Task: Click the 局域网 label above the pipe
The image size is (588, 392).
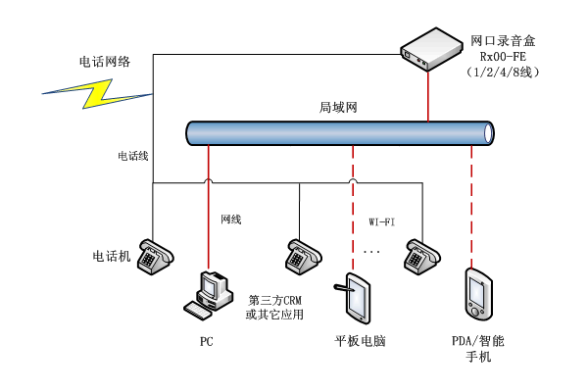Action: [x=336, y=107]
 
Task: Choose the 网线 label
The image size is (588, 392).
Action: [x=230, y=219]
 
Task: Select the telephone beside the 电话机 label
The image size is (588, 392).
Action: [x=154, y=255]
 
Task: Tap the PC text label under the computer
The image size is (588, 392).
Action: [x=206, y=342]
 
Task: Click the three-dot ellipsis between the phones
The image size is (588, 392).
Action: [x=372, y=253]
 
